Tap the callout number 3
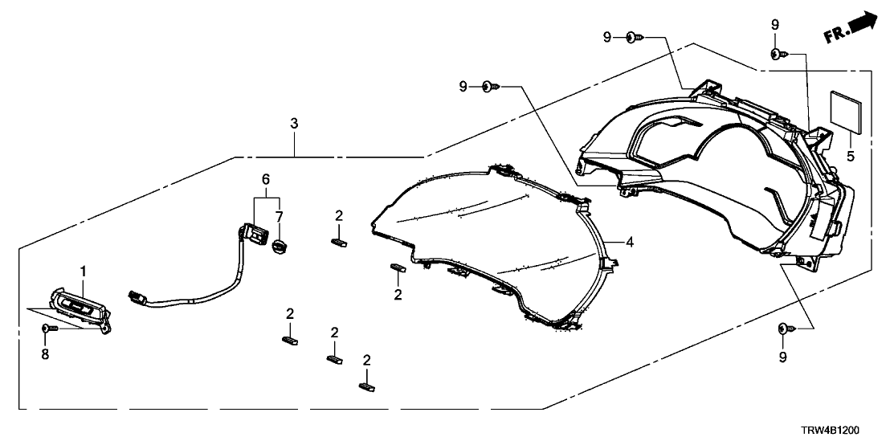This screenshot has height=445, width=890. tap(294, 124)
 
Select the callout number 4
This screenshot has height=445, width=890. tap(631, 239)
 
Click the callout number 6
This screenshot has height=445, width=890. tap(266, 178)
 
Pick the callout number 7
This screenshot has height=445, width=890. tap(279, 218)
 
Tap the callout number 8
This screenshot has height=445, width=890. tap(45, 353)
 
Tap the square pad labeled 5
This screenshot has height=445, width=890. tap(848, 108)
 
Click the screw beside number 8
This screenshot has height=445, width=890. tap(47, 329)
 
